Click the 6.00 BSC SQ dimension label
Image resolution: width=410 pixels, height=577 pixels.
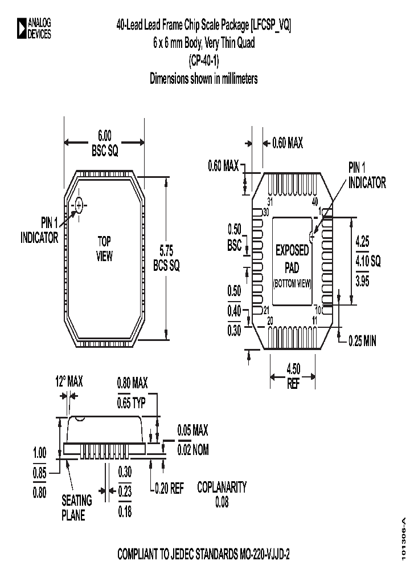pyautogui.click(x=104, y=143)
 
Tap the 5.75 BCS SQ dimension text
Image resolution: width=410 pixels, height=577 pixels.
pyautogui.click(x=166, y=258)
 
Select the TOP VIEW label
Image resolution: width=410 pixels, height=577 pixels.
pyautogui.click(x=104, y=249)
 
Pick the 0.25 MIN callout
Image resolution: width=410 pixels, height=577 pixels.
pyautogui.click(x=362, y=341)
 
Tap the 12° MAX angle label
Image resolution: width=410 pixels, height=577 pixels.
pyautogui.click(x=68, y=381)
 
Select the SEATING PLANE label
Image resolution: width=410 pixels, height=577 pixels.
pyautogui.click(x=76, y=507)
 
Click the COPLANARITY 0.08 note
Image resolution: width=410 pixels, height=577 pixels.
pyautogui.click(x=222, y=494)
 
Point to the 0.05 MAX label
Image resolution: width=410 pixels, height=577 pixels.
pyautogui.click(x=192, y=429)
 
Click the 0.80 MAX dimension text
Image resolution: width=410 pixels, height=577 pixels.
pyautogui.click(x=132, y=383)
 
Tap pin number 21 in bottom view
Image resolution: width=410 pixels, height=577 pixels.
pyautogui.click(x=265, y=310)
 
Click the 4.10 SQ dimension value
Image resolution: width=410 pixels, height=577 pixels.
pyautogui.click(x=367, y=261)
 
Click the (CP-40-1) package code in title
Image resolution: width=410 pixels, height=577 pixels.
pyautogui.click(x=204, y=60)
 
